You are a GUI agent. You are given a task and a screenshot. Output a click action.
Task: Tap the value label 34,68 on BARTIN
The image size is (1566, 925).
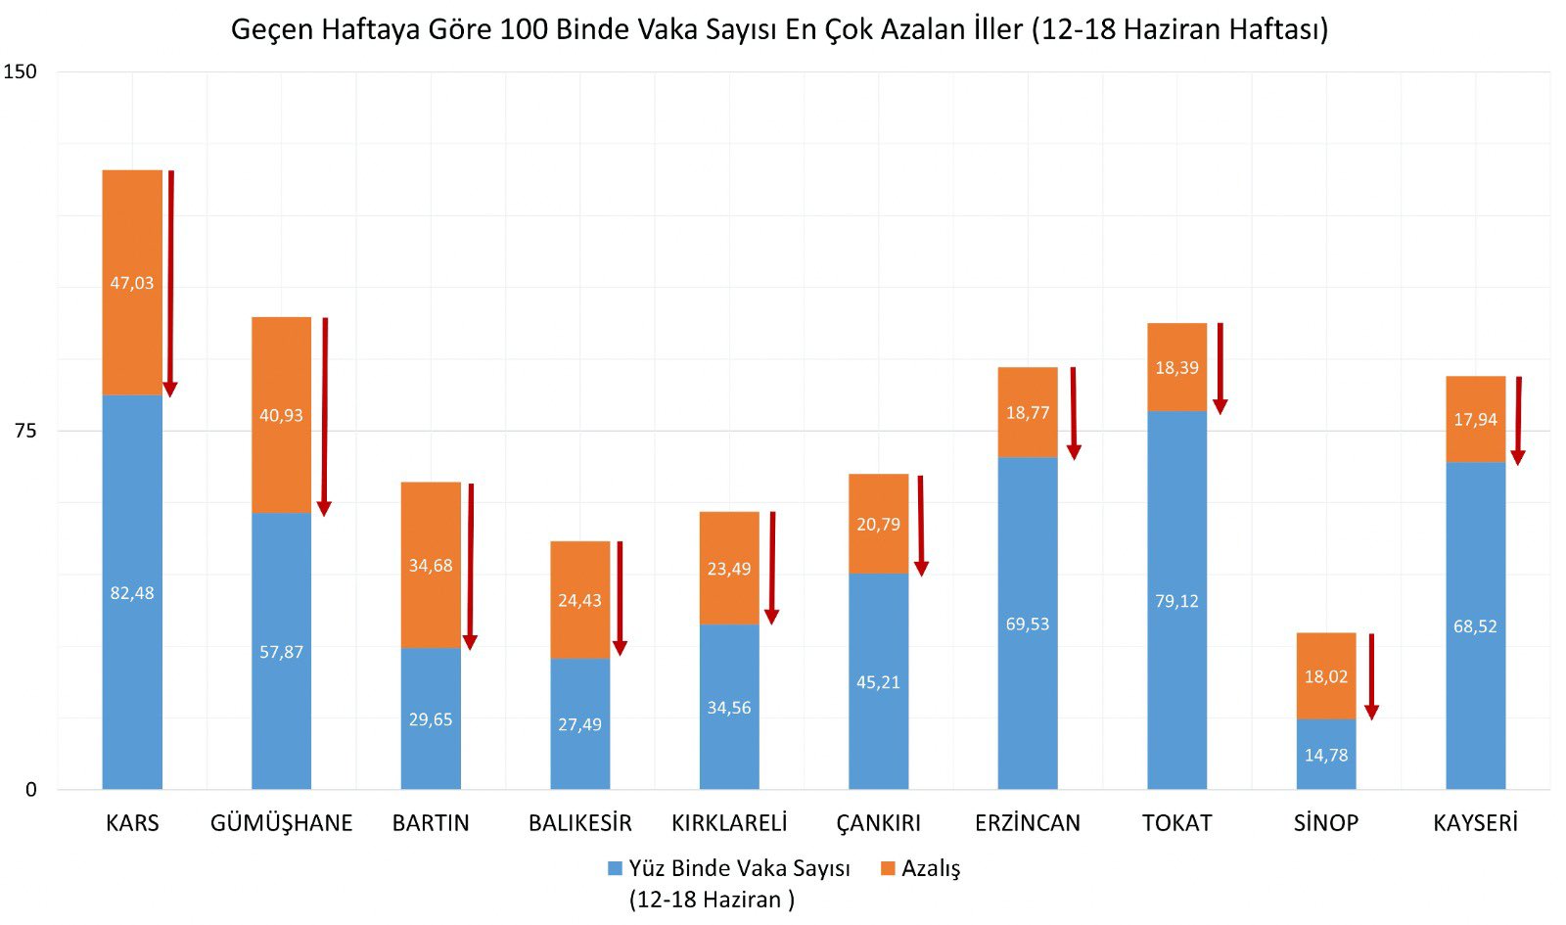pos(431,566)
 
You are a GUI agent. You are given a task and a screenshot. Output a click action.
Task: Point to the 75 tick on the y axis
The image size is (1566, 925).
pos(24,431)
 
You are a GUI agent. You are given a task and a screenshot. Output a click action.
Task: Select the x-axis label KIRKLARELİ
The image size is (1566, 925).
pos(729,823)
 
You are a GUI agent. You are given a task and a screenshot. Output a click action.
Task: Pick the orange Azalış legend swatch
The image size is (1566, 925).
pos(888,869)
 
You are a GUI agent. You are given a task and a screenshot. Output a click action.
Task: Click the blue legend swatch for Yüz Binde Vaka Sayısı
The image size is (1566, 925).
pos(615,869)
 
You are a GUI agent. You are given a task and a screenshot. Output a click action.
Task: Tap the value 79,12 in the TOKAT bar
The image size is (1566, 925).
pos(1176,601)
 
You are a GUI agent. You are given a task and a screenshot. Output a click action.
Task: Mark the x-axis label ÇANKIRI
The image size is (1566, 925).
pos(878,823)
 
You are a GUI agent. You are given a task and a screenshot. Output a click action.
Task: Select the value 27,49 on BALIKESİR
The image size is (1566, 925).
pos(579,724)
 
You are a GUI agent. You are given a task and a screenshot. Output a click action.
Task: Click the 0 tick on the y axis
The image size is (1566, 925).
pos(30,790)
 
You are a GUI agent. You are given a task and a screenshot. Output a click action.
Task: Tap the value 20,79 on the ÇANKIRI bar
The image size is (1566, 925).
pos(878,525)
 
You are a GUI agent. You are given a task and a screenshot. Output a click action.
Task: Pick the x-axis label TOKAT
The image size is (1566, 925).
pos(1176,823)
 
